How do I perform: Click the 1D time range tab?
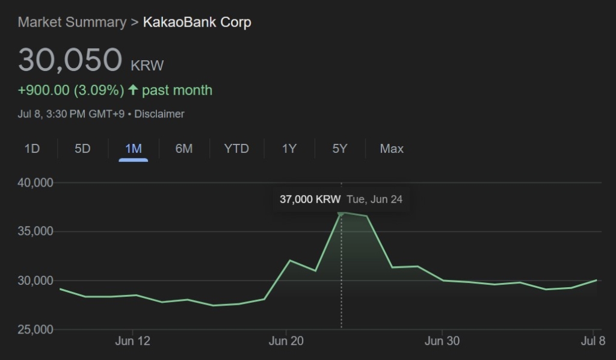[32, 149]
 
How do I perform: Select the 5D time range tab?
[82, 149]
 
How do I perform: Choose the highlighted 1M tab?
[133, 149]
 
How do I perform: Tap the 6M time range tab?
[183, 149]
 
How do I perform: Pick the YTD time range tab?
[236, 149]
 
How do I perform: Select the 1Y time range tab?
[289, 149]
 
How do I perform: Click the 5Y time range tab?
[340, 149]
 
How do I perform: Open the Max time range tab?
[392, 149]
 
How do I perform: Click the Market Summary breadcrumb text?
[72, 23]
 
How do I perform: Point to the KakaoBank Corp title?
[197, 23]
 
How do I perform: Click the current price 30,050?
[70, 60]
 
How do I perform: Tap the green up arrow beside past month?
[133, 90]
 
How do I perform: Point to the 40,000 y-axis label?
[35, 182]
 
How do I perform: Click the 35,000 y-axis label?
[35, 232]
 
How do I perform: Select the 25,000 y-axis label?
[35, 330]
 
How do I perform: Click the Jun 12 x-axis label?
[132, 341]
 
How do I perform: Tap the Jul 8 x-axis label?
[593, 341]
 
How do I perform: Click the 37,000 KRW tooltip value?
[310, 199]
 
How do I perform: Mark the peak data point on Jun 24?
[341, 213]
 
